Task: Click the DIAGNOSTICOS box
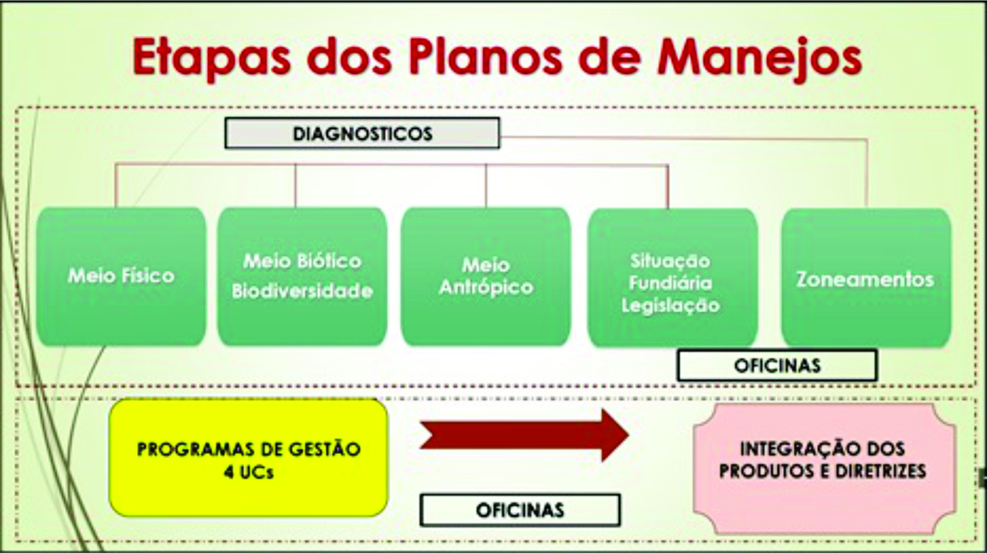(x=362, y=133)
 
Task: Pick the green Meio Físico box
(x=121, y=276)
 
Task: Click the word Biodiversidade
(x=302, y=291)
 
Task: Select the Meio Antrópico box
(x=485, y=276)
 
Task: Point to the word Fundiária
(x=670, y=283)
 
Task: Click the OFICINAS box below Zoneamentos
(x=777, y=365)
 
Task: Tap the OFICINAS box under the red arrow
(x=520, y=510)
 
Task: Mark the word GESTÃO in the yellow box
(x=325, y=449)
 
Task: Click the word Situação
(x=670, y=261)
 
